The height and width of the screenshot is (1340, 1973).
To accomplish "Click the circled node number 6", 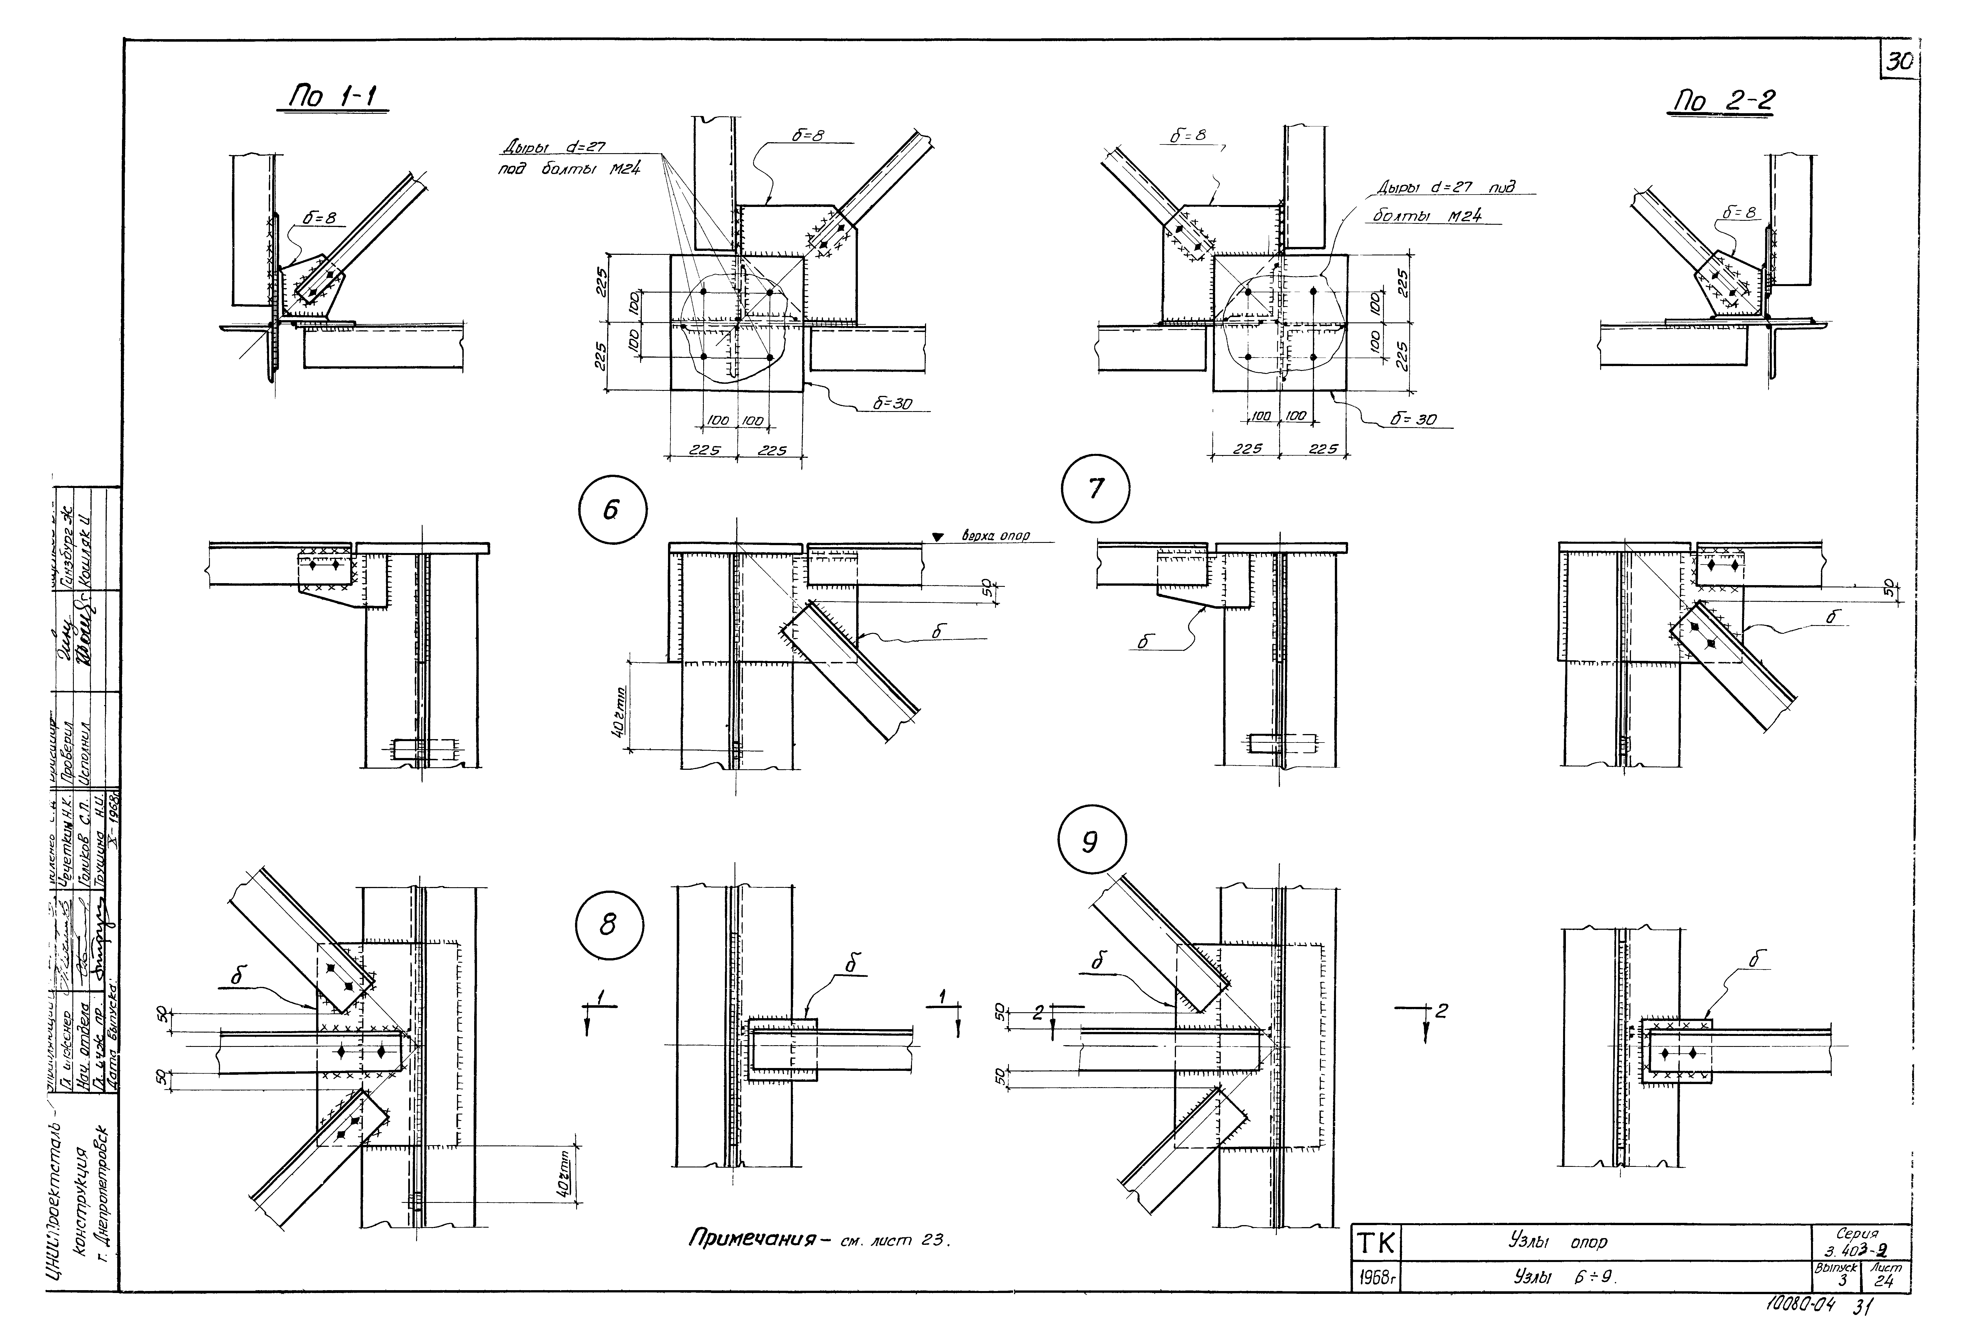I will (x=612, y=510).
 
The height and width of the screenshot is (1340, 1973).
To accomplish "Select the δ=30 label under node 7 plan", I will (x=1413, y=419).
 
